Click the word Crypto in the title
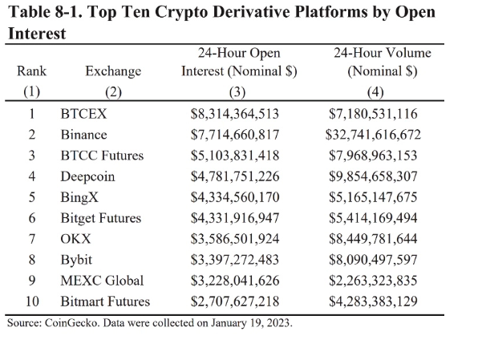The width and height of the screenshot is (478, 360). (180, 13)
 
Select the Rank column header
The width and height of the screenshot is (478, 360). (31, 71)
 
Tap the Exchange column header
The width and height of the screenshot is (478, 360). (113, 71)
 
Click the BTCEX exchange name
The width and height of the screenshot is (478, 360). (83, 114)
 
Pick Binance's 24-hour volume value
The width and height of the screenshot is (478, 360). (373, 135)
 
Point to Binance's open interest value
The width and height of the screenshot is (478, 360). (235, 135)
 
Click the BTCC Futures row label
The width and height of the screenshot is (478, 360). (102, 156)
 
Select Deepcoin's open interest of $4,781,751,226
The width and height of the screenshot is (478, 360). (235, 176)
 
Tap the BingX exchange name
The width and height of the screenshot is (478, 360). (79, 197)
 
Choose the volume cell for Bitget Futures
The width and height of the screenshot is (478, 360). (373, 218)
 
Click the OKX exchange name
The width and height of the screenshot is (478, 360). (75, 239)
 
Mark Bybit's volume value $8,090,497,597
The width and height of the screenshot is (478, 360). (373, 260)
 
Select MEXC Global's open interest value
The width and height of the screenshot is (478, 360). (235, 281)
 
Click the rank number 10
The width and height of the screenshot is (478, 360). (32, 301)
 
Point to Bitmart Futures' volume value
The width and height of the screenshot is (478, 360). (373, 301)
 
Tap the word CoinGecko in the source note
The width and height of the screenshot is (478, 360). (72, 323)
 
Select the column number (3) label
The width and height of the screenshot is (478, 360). (237, 91)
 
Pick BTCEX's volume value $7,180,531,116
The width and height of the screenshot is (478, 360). (373, 114)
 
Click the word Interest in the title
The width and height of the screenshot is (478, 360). (37, 33)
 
